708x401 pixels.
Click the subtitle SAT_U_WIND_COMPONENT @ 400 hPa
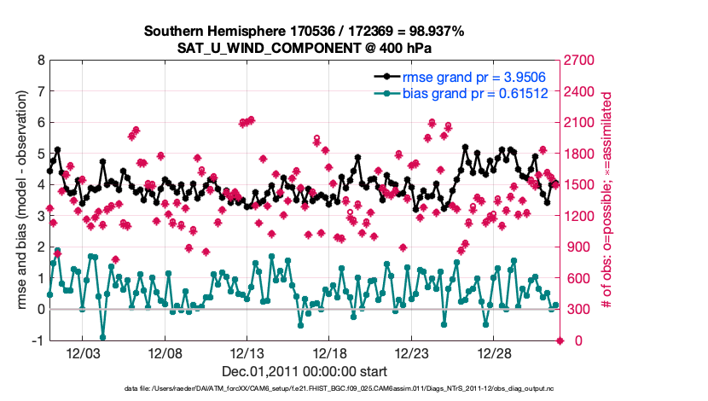(304, 48)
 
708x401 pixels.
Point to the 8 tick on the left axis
(40, 61)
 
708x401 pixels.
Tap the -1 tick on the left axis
(38, 340)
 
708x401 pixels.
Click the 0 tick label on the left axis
(40, 310)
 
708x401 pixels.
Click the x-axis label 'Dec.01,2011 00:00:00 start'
(304, 372)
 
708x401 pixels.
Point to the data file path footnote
(304, 389)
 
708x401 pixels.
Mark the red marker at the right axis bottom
(560, 340)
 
